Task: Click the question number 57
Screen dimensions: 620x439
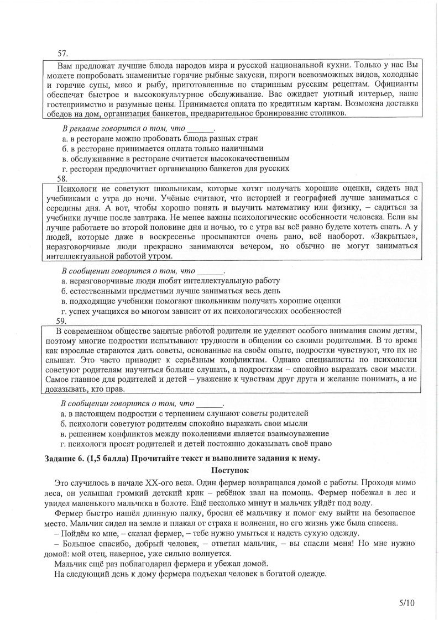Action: (x=62, y=54)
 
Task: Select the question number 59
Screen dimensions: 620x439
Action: (x=62, y=321)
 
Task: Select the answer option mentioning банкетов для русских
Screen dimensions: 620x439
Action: (x=176, y=168)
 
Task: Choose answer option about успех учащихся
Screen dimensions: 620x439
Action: (x=201, y=311)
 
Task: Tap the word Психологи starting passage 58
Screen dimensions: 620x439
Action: (x=67, y=188)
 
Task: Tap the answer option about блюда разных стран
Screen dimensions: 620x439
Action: (x=160, y=138)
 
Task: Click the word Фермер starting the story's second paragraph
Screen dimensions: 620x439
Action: (x=69, y=513)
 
